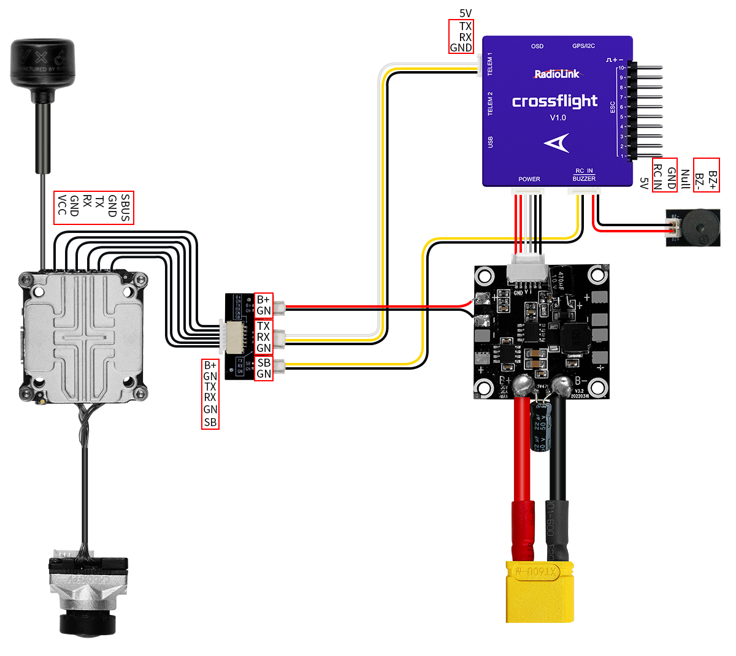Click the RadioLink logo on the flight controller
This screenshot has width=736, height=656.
pyautogui.click(x=556, y=74)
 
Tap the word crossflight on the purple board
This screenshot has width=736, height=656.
pyautogui.click(x=554, y=101)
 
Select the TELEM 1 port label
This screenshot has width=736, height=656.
pyautogui.click(x=490, y=64)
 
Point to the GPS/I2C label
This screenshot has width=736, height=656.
pyautogui.click(x=583, y=46)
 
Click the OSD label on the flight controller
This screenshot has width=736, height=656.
pyautogui.click(x=537, y=46)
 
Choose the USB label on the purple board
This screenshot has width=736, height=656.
pyautogui.click(x=490, y=142)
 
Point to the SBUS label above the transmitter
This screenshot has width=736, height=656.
pyautogui.click(x=125, y=208)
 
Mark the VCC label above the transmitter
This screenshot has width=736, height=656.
pyautogui.click(x=61, y=205)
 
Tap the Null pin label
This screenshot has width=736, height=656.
pyautogui.click(x=685, y=179)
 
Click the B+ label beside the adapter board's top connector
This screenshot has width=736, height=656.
pyautogui.click(x=263, y=299)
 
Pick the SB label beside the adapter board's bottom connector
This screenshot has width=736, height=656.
pyautogui.click(x=264, y=362)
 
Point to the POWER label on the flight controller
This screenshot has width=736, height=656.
pyautogui.click(x=529, y=179)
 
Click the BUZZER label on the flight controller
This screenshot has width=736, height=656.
pyautogui.click(x=584, y=178)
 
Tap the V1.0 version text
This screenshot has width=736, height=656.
pyautogui.click(x=558, y=118)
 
